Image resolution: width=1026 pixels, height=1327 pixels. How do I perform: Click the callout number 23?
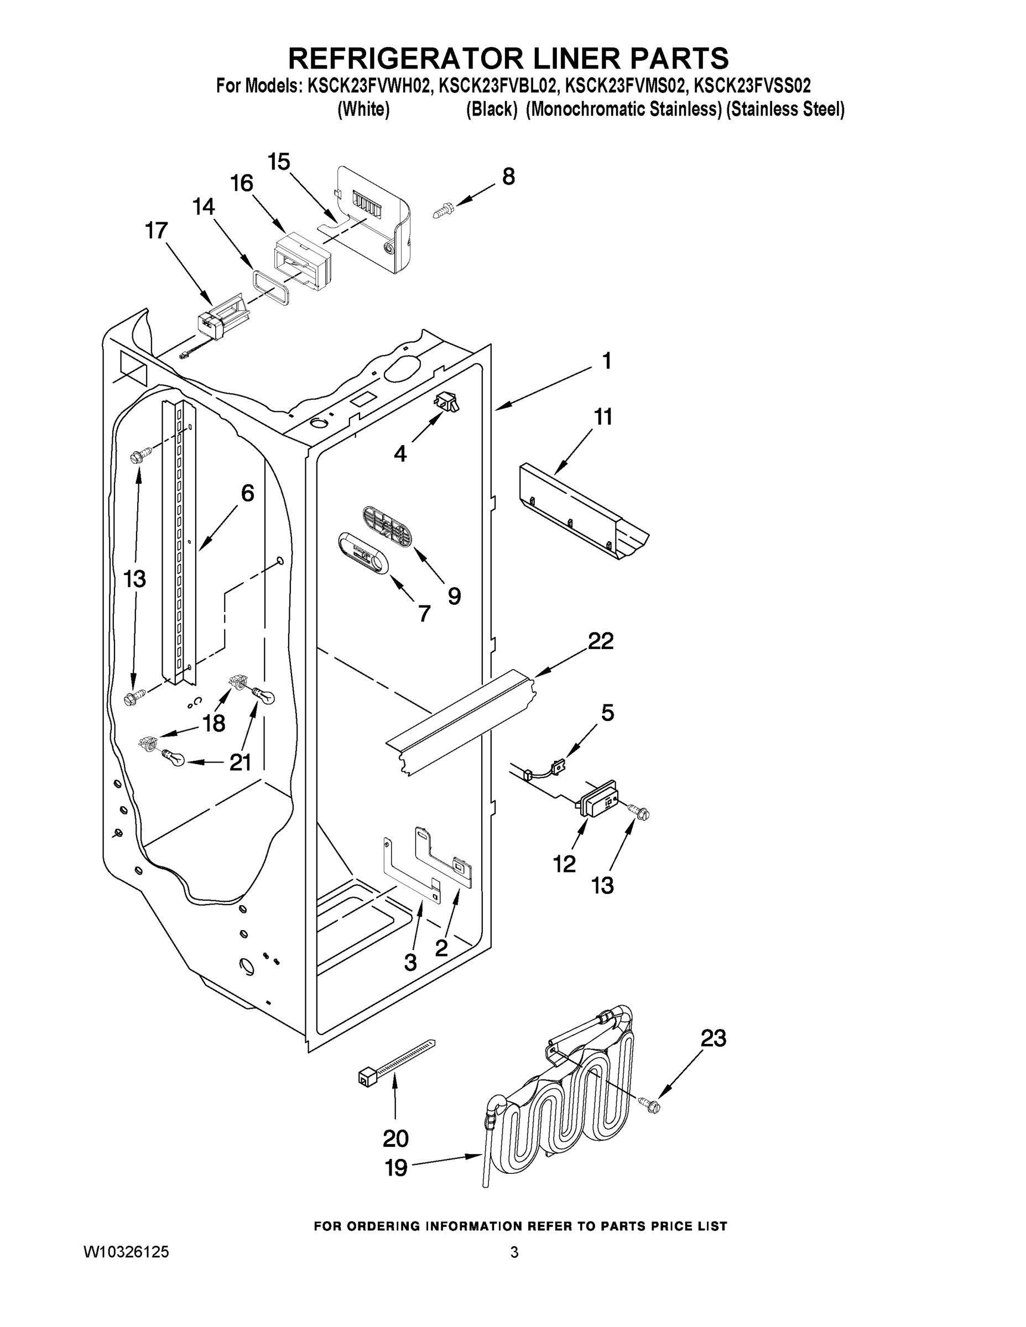coord(713,1038)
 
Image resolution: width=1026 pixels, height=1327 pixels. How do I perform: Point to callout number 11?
coord(603,417)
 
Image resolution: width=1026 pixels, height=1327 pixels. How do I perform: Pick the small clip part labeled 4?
coord(447,401)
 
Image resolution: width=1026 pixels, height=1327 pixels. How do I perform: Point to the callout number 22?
coord(601,641)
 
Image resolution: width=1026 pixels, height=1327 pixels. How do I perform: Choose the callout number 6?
coord(247,493)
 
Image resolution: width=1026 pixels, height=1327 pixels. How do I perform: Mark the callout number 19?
coord(397,1167)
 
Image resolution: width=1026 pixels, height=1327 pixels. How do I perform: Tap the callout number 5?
coord(607,712)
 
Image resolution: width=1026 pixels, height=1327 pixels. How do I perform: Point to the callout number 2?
coord(441,947)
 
